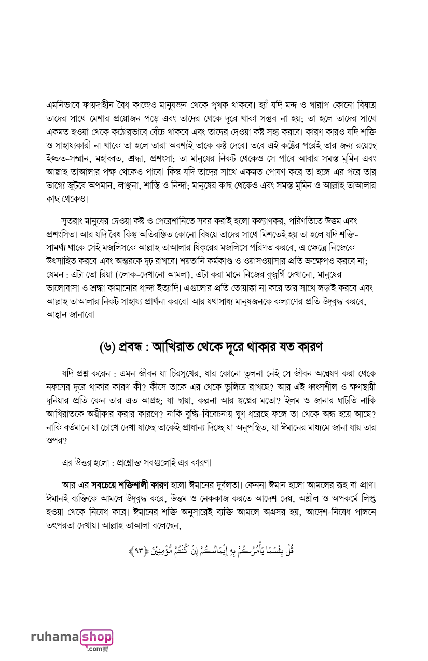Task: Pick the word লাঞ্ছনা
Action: [144, 185]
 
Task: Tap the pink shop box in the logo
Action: [96, 637]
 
